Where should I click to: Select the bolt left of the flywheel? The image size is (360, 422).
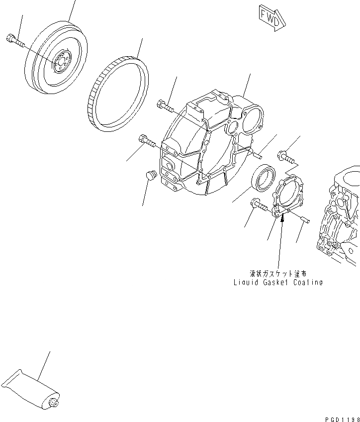tap(15, 41)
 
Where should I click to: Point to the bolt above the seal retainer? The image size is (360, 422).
tap(286, 156)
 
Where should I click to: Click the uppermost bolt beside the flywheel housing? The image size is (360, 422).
tap(165, 105)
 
